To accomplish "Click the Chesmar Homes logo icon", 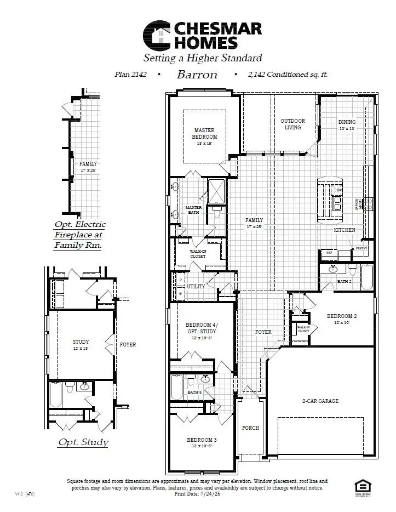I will point(156,35).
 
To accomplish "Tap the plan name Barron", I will point(197,75).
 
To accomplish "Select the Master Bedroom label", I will point(205,134).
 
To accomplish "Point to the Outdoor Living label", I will point(292,124).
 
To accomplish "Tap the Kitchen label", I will point(345,230).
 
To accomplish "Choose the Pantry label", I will point(361,248).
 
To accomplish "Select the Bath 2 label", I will point(344,281).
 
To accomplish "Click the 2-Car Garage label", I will point(320,401).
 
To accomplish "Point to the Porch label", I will point(250,428).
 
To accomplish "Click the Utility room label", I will point(196,287).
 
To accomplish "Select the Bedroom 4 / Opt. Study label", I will point(201,328).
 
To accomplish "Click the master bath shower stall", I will point(216,191).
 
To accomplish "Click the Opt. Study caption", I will point(83,442).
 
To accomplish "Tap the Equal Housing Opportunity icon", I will point(362,486).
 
